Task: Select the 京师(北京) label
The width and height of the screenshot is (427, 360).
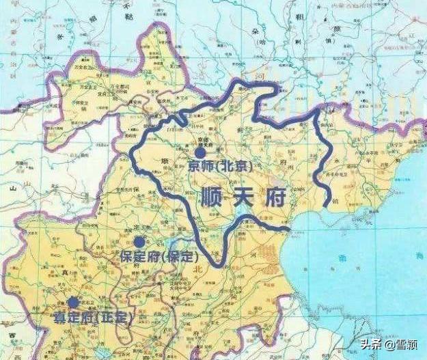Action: click(x=219, y=167)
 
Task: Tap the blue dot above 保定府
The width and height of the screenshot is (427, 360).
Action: click(x=139, y=241)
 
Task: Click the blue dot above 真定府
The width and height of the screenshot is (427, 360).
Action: click(x=73, y=302)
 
